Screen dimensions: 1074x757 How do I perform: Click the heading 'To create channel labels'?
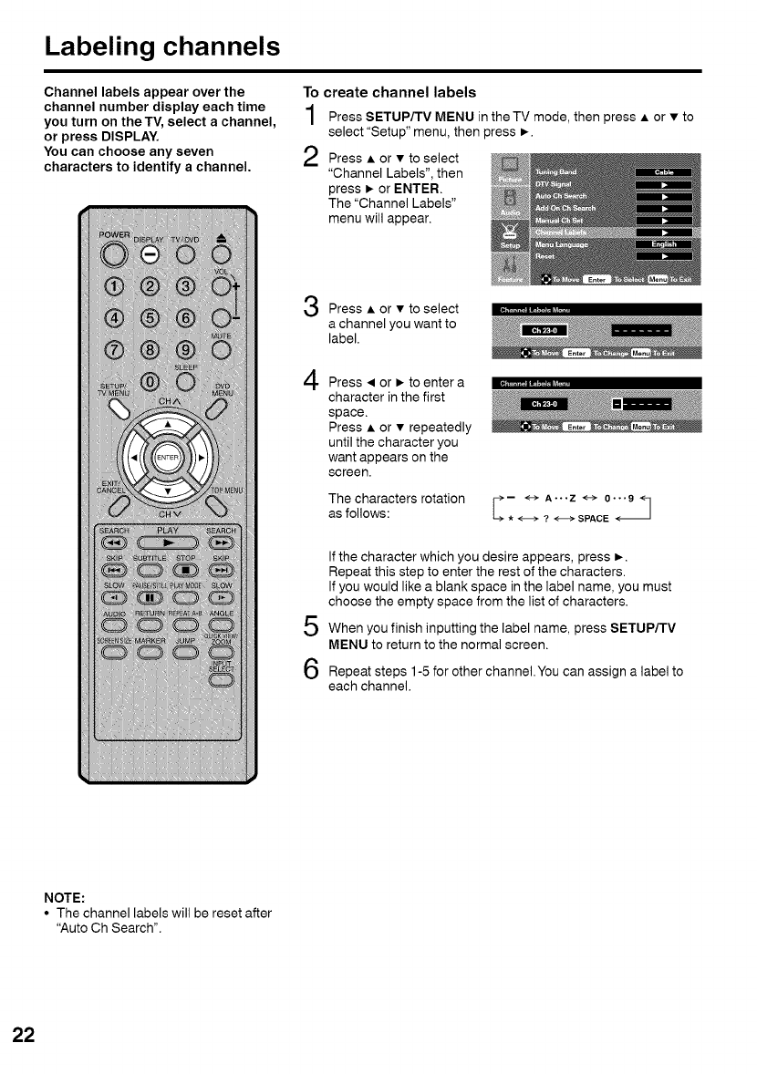coord(389,92)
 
